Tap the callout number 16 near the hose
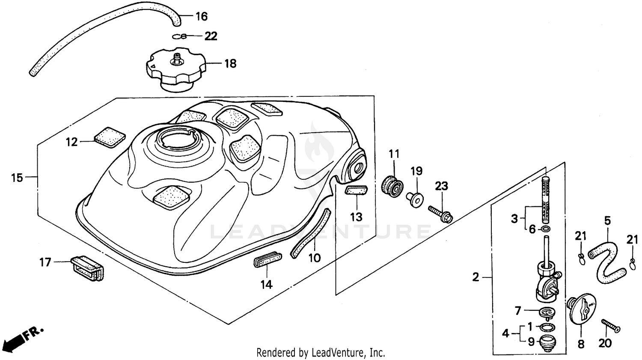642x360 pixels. [x=201, y=17]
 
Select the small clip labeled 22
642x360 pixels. [x=181, y=36]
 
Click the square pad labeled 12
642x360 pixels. [x=110, y=137]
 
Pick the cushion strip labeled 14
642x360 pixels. [x=267, y=260]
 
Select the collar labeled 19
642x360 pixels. [x=416, y=199]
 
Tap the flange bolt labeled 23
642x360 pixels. [x=441, y=214]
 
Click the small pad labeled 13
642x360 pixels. [x=356, y=190]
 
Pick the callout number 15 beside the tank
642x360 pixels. [x=17, y=177]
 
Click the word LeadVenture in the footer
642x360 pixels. [x=340, y=353]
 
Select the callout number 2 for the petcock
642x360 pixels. [x=476, y=277]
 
